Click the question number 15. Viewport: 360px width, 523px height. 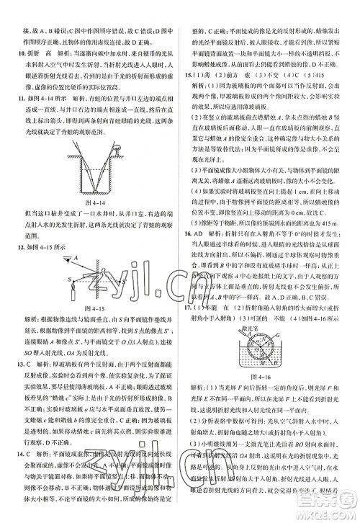[x=189, y=96]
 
